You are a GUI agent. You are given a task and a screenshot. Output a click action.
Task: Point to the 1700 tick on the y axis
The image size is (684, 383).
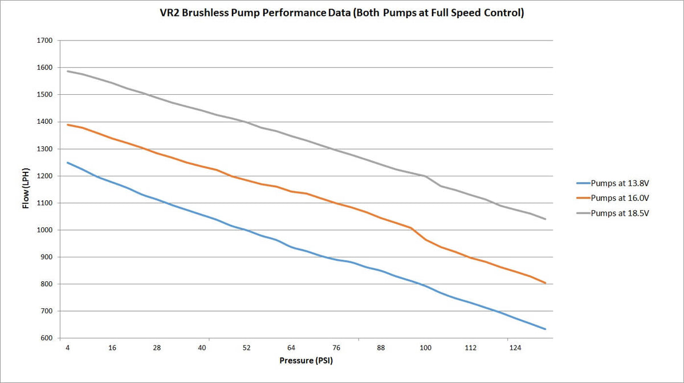(44, 41)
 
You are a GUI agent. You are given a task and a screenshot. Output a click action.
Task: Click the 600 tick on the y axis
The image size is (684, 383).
(46, 338)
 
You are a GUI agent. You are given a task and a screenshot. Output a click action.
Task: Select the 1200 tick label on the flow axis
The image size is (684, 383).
(44, 176)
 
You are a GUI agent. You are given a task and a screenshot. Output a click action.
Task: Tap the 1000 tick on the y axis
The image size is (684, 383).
(44, 230)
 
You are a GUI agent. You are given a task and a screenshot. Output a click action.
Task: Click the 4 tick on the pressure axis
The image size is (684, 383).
(67, 348)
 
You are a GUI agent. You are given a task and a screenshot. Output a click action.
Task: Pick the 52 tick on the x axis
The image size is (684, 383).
(246, 348)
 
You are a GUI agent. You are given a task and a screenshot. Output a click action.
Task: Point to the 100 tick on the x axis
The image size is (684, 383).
(425, 348)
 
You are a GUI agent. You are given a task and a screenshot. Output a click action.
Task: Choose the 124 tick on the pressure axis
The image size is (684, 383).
(515, 348)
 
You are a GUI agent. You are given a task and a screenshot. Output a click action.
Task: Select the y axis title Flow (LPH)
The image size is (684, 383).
(26, 190)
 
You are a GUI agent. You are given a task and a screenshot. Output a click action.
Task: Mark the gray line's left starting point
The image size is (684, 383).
(68, 71)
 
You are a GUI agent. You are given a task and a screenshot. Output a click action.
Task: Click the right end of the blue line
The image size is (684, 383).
(545, 329)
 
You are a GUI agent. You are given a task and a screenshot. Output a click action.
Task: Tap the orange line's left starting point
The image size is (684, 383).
(68, 124)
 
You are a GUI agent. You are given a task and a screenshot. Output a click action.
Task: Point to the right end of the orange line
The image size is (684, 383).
(545, 283)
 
